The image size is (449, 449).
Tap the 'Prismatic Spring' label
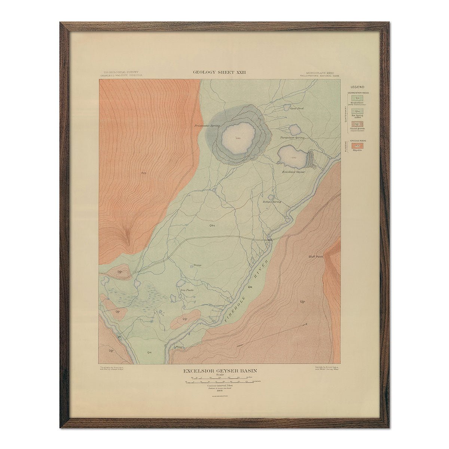coord(207,126)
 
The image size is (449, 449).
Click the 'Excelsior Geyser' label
coord(294,172)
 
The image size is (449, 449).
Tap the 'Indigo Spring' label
coord(272,202)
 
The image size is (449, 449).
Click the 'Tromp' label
coord(198,265)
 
